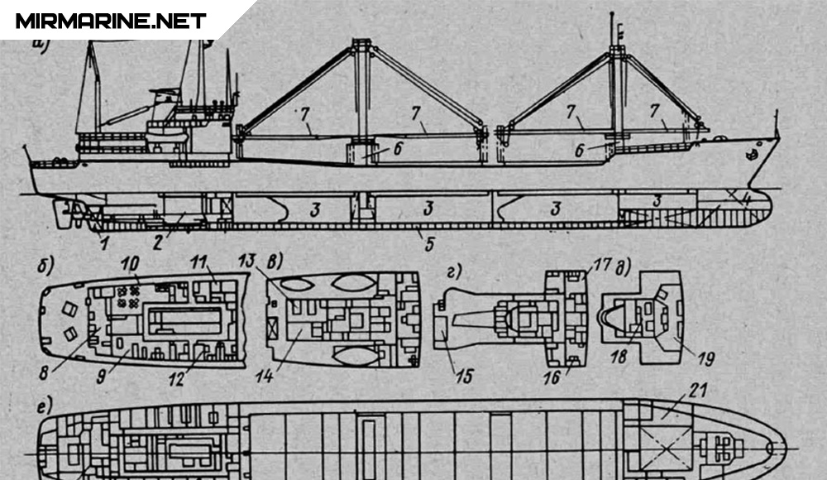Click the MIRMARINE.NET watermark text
point(111,21)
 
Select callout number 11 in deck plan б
point(198,263)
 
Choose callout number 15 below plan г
point(465,377)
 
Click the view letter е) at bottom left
point(42,406)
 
